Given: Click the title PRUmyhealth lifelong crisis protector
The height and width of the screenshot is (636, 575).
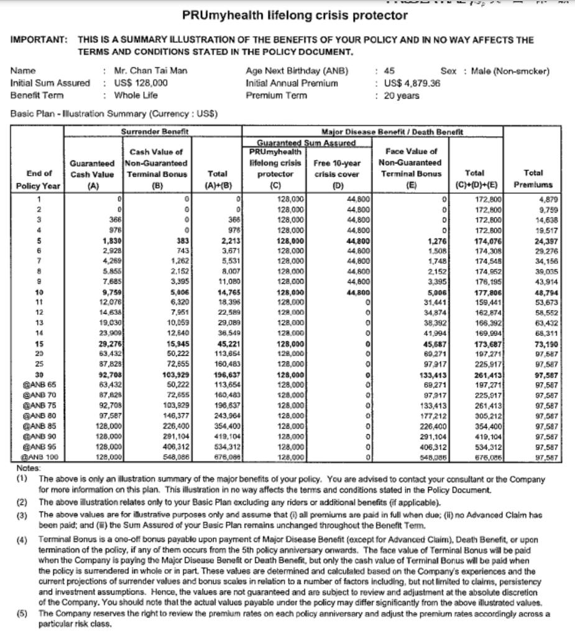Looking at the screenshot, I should tap(295, 15).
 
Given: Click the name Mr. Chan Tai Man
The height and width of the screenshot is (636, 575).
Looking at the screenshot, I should tap(147, 70).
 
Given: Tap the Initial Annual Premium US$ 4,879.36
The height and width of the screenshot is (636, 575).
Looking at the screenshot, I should tap(412, 83).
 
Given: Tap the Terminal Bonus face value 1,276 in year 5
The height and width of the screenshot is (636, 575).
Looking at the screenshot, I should tap(435, 241).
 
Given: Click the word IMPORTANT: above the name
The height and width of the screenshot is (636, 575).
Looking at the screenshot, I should tap(39, 40).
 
